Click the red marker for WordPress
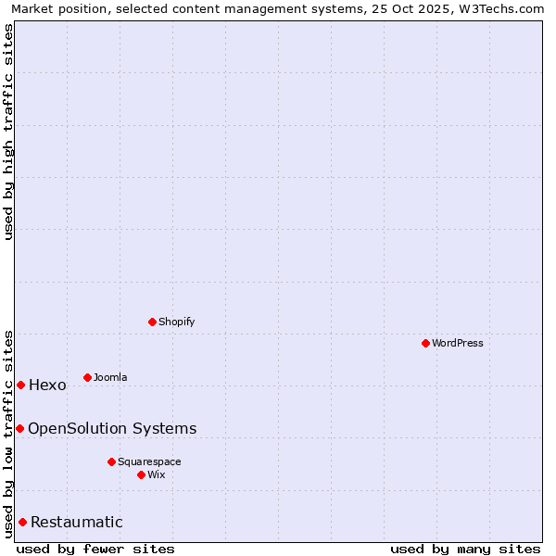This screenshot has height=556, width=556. pos(425,343)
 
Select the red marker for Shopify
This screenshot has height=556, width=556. pos(152,322)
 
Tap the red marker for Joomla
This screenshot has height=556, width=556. pos(87,377)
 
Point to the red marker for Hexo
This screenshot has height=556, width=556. pos(20,385)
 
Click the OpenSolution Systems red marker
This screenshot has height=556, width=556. pos(19,428)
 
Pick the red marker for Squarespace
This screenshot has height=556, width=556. pos(111,461)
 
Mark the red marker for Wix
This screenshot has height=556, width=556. pos(141,474)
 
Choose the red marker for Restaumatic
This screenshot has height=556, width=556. pos(22,522)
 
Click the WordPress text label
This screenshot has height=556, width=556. pos(458,343)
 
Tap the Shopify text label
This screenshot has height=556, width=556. pos(176,322)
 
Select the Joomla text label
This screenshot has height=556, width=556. pos(110,377)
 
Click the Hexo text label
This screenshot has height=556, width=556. pos(47,385)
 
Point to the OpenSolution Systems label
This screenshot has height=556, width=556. pos(112,428)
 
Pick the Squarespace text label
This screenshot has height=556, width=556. pos(149,461)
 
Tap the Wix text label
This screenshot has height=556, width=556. pos(157,474)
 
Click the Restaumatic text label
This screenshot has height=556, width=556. pos(76,523)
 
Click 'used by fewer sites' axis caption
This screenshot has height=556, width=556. pos(95,549)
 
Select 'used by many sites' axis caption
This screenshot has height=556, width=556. pos(465,549)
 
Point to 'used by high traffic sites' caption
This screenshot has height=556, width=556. pos(9,132)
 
